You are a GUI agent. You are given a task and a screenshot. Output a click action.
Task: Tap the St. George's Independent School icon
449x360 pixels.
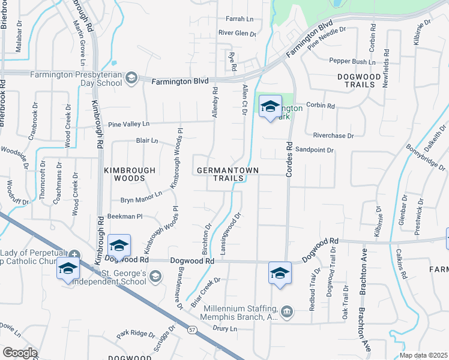pos(155,276)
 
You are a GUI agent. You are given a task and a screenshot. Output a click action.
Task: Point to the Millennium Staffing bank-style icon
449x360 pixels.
pos(288,311)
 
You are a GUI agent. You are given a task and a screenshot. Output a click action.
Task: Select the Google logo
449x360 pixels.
pos(20,353)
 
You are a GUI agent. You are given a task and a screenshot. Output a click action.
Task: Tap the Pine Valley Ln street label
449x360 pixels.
pos(128,124)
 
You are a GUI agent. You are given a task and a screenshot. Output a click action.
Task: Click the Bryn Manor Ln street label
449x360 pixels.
pos(142,196)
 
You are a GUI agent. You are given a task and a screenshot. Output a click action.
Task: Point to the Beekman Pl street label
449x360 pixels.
pos(124,216)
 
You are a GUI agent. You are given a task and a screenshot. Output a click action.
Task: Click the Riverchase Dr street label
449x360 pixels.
pos(325,136)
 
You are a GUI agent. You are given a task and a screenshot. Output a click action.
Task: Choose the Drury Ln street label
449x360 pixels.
pos(225,328)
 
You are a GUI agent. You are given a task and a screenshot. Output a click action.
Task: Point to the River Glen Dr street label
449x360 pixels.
pos(237,33)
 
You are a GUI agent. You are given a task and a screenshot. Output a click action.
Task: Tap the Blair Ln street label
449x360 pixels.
pos(146,141)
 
